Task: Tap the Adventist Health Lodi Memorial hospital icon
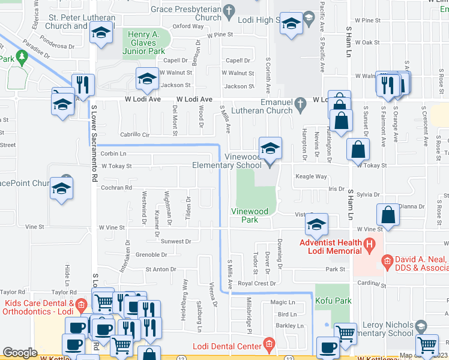point(370,245)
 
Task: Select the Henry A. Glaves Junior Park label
point(148,43)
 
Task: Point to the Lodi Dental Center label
point(228,346)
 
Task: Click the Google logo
point(20,353)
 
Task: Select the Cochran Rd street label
point(116,188)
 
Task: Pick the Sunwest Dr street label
point(175,241)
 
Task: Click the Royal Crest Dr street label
point(256,283)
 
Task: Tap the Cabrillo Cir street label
point(134,135)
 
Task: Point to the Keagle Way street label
point(311,176)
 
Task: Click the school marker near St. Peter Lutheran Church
point(101,34)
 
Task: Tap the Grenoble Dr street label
point(146,255)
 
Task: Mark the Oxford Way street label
point(188,26)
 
